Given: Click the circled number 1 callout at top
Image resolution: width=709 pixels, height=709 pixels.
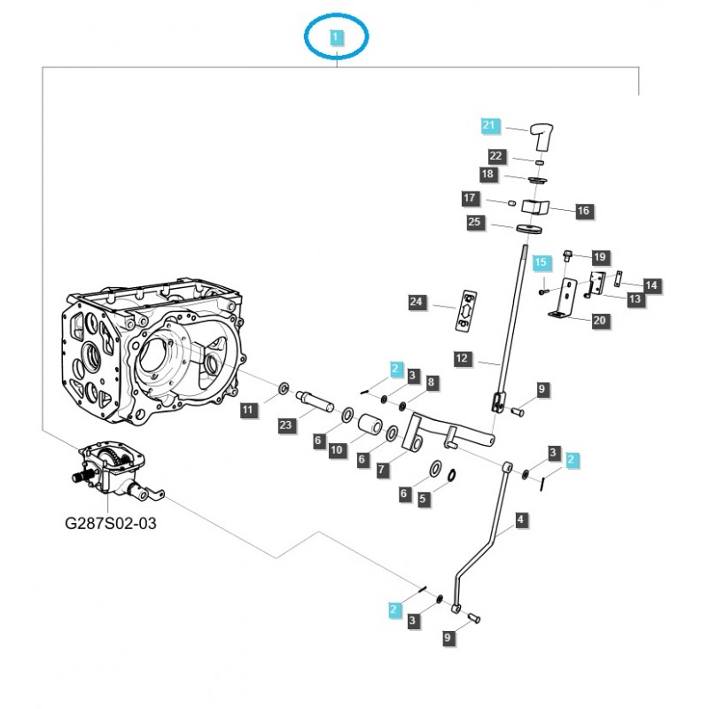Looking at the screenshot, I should coord(336,37).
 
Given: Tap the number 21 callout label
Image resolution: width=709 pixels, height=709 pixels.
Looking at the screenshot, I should coord(490,125).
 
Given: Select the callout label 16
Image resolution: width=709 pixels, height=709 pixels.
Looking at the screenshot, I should coord(584,211).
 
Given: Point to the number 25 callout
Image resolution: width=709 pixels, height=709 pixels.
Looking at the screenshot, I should coord(476,222).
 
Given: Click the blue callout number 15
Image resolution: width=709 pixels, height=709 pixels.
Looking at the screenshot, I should coord(541,263).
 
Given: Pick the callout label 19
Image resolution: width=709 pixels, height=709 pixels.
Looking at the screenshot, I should coord(600,257).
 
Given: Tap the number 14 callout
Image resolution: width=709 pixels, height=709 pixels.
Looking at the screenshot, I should coord(651,285).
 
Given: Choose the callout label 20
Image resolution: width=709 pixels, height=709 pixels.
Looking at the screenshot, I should coord(600,321).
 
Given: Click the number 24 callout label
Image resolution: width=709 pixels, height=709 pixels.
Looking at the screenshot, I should coord(417,303).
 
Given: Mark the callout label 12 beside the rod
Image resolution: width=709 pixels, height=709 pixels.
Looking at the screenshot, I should coord(462,359).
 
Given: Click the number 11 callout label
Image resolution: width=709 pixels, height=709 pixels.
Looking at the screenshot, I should coord(249,409).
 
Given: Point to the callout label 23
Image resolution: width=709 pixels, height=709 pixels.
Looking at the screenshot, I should coord(285,425).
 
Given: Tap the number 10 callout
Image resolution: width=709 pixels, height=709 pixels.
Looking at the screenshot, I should coord(336,450).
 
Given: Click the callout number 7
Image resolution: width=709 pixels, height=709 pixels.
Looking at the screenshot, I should coord(382,469).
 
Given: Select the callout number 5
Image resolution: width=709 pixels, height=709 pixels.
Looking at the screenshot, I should coord(423,499).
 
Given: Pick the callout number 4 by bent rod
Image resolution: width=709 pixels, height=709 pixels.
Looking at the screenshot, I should coord(520,520).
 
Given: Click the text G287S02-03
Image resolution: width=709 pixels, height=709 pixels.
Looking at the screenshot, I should coord(111,524).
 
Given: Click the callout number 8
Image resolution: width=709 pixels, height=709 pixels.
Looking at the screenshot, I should coord(432,382).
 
